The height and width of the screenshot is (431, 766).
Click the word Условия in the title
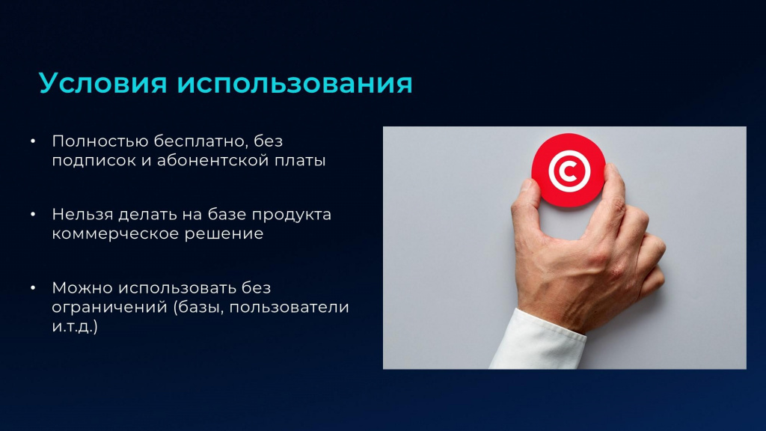coord(102,83)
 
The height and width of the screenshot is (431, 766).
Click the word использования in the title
coord(295,83)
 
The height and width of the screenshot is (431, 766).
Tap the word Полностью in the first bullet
coord(100,141)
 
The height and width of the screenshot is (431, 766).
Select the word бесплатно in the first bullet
coord(200,141)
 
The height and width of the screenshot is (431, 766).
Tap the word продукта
coord(292,215)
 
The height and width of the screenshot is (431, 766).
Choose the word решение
coord(224,234)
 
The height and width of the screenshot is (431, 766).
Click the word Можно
coord(82,288)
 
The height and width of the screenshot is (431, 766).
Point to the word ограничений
coord(109,308)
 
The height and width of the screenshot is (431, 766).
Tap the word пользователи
coord(289,308)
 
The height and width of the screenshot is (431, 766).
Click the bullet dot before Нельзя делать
coord(33,215)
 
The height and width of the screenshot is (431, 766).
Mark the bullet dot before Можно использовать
coord(33,288)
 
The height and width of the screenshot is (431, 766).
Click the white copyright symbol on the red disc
coord(569,171)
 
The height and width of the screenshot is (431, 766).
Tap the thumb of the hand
coord(527,201)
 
